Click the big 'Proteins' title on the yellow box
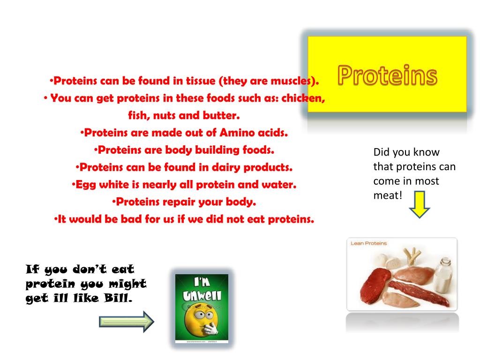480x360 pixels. pyautogui.click(x=387, y=75)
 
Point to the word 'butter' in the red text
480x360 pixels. pyautogui.click(x=221, y=115)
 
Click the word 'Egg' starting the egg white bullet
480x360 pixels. pyautogui.click(x=85, y=185)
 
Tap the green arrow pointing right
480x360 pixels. pyautogui.click(x=127, y=322)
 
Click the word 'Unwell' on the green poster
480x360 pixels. pyautogui.click(x=202, y=296)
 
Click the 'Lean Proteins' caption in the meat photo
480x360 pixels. pyautogui.click(x=369, y=243)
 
